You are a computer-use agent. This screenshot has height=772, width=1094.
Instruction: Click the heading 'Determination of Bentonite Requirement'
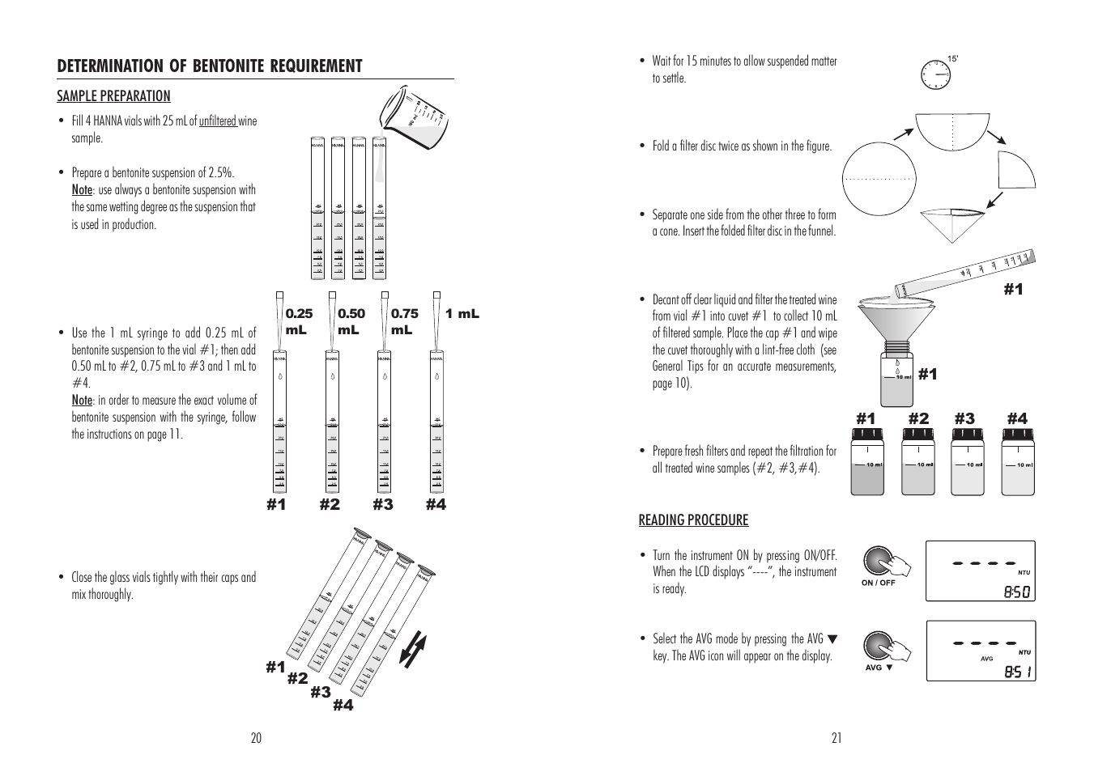pos(210,66)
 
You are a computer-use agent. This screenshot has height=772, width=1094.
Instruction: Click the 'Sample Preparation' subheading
pos(113,96)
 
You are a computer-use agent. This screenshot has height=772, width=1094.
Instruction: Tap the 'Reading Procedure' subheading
pos(693,520)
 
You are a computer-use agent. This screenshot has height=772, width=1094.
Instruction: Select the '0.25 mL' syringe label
pos(299,321)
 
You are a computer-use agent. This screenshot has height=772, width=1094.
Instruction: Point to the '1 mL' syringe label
pos(462,314)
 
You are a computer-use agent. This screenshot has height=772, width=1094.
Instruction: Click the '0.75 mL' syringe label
pos(405,321)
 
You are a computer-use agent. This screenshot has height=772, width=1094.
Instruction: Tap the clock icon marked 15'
pos(936,74)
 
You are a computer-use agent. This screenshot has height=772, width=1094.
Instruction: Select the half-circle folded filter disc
pos(952,129)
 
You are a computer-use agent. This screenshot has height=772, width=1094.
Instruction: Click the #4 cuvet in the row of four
pos(1019,461)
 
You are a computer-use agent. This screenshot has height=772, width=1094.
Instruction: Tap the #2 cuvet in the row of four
pos(918,461)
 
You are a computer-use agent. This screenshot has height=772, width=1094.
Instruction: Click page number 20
pos(256,738)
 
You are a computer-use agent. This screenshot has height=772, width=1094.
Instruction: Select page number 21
pos(836,738)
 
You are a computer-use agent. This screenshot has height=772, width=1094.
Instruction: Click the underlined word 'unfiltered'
pos(218,121)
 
